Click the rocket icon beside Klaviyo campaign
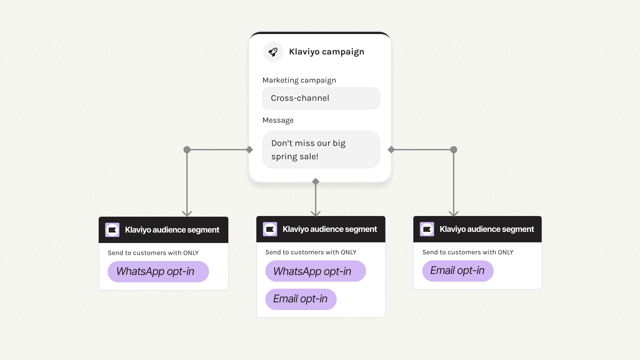click(273, 52)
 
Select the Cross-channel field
click(321, 98)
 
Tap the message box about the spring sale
click(321, 150)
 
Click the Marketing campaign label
click(299, 80)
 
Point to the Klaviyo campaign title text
click(326, 52)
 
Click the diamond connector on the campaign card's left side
click(249, 150)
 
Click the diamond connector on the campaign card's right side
click(391, 150)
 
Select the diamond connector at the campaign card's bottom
click(316, 182)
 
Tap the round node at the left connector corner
click(187, 150)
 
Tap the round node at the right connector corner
click(454, 150)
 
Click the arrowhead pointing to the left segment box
click(187, 213)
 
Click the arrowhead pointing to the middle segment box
click(316, 213)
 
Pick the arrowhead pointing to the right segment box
click(454, 213)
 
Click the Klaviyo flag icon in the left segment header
click(112, 230)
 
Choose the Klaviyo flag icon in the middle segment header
click(270, 229)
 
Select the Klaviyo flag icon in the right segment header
click(427, 229)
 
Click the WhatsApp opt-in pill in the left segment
click(158, 272)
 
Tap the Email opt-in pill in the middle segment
click(301, 299)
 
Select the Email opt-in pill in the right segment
click(458, 271)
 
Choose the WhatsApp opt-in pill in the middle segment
click(315, 271)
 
